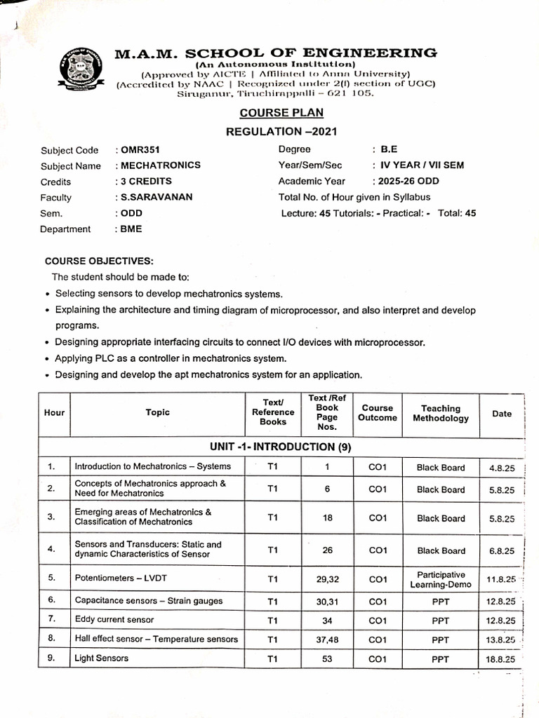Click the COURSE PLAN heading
[281, 112]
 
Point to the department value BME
[131, 229]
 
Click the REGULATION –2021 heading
[281, 131]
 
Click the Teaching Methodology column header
[441, 414]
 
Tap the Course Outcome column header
[378, 413]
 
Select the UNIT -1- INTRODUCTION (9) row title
[281, 447]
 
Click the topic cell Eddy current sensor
[114, 620]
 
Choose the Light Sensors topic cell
[98, 658]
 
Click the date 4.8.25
[502, 468]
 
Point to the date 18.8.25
[501, 660]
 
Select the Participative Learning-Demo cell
[441, 579]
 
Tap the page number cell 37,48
[327, 639]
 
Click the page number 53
[327, 659]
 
